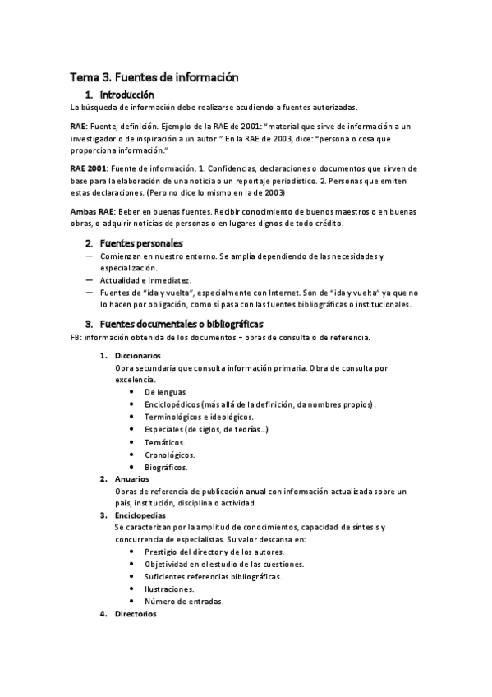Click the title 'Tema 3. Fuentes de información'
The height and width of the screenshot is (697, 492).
point(154,77)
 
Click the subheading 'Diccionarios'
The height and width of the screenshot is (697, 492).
point(144,355)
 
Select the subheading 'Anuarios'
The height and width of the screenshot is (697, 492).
point(137,478)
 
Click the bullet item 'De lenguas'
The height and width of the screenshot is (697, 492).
point(165,392)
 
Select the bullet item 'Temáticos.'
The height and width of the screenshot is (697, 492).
point(164,442)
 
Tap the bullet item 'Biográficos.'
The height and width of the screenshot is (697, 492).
point(166,467)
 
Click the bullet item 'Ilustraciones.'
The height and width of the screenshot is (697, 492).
point(169,589)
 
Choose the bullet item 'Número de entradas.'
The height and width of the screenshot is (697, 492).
point(184,601)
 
